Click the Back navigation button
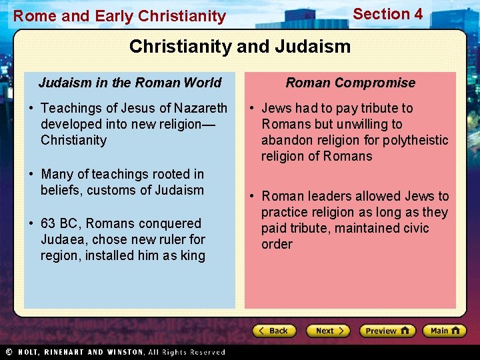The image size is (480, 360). (x=273, y=331)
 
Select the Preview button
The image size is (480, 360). (x=387, y=331)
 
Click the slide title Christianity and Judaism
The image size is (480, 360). (x=240, y=46)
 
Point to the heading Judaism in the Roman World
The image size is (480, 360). (x=130, y=83)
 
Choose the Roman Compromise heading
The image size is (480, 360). (x=350, y=83)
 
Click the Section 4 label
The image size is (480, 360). (x=387, y=14)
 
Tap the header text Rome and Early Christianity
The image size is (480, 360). (x=120, y=16)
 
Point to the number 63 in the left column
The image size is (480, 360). (x=48, y=223)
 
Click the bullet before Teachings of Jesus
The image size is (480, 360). (x=31, y=108)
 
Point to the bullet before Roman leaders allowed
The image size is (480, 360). (x=253, y=196)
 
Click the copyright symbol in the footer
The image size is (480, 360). (x=9, y=352)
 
